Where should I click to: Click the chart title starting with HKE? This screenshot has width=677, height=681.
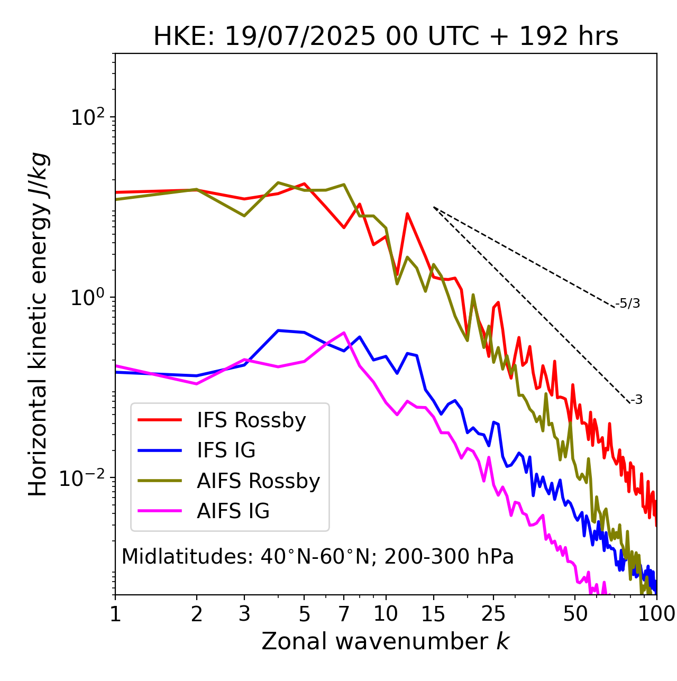[386, 37]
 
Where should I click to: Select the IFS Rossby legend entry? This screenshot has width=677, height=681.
[251, 420]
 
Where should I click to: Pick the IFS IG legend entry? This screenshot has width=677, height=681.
[226, 450]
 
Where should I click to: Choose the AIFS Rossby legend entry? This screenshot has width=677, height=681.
[258, 481]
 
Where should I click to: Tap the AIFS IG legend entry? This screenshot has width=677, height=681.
[233, 511]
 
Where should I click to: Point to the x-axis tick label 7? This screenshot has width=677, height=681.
[344, 614]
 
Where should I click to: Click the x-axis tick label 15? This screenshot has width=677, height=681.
[433, 614]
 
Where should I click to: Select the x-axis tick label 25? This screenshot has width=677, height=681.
[493, 614]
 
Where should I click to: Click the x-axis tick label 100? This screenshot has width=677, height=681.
[656, 614]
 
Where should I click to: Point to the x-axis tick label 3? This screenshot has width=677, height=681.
[244, 614]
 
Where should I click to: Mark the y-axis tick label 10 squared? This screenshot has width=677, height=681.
[88, 117]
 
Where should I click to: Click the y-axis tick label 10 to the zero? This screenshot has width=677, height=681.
[88, 298]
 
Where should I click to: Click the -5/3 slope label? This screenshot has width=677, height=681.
[628, 303]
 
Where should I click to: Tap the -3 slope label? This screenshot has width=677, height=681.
[636, 400]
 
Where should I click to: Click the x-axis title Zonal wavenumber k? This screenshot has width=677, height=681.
[385, 641]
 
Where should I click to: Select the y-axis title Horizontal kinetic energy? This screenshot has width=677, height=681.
[39, 324]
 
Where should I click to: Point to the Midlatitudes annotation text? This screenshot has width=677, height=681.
[317, 557]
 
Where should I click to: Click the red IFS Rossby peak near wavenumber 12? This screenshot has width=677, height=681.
[407, 214]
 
